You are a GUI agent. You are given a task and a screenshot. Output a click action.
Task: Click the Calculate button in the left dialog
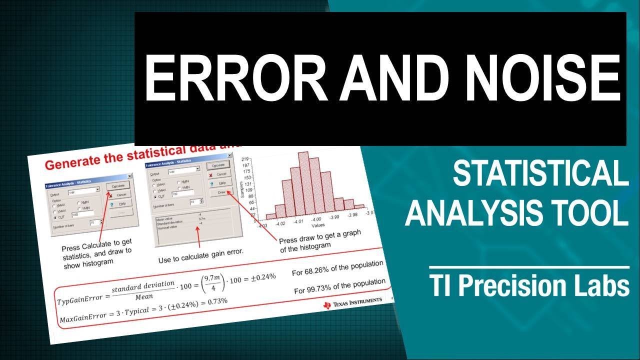click(118, 185)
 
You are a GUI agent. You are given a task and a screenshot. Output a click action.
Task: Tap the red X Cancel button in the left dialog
click(118, 194)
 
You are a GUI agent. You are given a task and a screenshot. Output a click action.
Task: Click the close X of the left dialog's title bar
click(130, 176)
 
